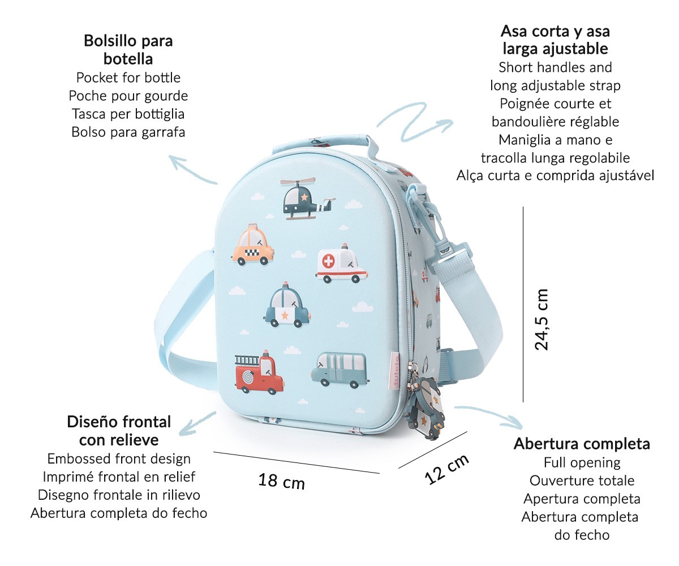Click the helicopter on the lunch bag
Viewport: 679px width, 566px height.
pyautogui.click(x=307, y=199)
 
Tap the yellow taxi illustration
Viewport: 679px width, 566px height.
pyautogui.click(x=253, y=245)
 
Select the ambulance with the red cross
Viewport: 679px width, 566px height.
pyautogui.click(x=341, y=264)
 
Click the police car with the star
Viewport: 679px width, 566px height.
pyautogui.click(x=287, y=305)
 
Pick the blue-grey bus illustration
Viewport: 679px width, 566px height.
pyautogui.click(x=340, y=370)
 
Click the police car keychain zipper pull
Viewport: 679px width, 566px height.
pyautogui.click(x=426, y=408)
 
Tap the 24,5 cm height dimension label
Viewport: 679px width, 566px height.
pyautogui.click(x=542, y=319)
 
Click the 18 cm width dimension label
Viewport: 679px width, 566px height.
pyautogui.click(x=282, y=481)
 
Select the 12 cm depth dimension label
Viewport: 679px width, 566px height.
pyautogui.click(x=447, y=469)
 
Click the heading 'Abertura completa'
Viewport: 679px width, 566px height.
pyautogui.click(x=582, y=444)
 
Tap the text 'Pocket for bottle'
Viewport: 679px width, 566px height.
pyautogui.click(x=128, y=78)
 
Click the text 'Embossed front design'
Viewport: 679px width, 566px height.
pyautogui.click(x=119, y=459)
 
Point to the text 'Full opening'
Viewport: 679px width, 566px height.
pyautogui.click(x=582, y=463)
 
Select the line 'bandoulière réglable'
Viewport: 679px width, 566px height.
pyautogui.click(x=556, y=122)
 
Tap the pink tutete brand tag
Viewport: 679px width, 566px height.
pyautogui.click(x=396, y=371)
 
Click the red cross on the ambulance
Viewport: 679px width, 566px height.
pyautogui.click(x=328, y=261)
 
